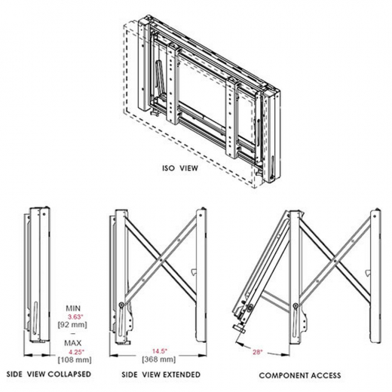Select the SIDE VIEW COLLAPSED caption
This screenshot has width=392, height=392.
[x=49, y=375]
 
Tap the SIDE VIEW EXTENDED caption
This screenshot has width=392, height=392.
[x=163, y=375]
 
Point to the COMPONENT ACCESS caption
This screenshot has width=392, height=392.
[x=299, y=375]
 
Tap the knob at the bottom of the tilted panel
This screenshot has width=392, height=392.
[x=240, y=328]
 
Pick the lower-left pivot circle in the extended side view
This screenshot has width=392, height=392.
[x=122, y=305]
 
